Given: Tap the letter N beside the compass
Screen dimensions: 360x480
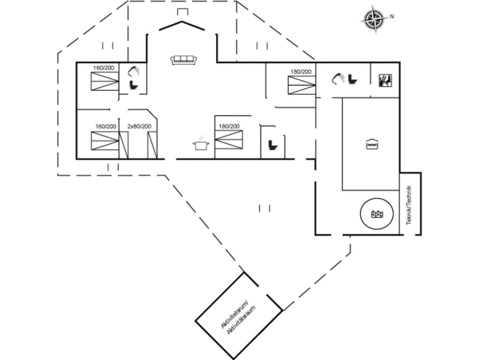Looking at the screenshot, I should [x=392, y=16].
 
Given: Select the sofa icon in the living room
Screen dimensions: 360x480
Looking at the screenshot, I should [x=184, y=60].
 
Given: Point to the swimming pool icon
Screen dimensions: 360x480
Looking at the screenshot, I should [x=372, y=144].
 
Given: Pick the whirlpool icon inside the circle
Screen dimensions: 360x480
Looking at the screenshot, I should [x=377, y=214].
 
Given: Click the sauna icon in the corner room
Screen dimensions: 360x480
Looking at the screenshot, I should [x=385, y=80].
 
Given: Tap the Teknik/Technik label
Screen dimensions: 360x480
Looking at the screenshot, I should [x=409, y=205].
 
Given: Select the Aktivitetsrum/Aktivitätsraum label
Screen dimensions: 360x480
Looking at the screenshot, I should [x=238, y=319].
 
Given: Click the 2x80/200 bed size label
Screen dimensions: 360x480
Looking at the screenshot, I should [x=139, y=127].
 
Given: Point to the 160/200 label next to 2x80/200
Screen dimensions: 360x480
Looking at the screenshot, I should [x=106, y=127].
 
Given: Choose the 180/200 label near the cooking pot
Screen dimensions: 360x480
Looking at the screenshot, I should [x=229, y=127].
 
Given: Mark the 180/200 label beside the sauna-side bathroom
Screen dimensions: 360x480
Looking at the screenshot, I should [x=301, y=72].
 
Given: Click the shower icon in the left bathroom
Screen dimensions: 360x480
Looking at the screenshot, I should [x=134, y=71].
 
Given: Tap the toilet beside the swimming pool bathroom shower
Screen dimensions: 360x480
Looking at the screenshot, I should [x=352, y=79].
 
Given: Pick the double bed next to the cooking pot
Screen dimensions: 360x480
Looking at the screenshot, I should [x=229, y=140].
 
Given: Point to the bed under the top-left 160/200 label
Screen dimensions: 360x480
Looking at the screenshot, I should [x=105, y=81].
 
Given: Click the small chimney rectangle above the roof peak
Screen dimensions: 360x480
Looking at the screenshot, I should [x=183, y=12].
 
